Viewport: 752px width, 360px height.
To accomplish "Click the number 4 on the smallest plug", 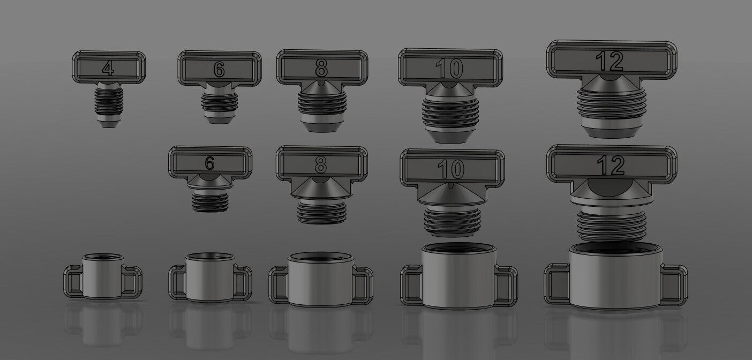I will pyautogui.click(x=109, y=69).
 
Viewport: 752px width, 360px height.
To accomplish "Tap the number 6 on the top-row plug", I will pyautogui.click(x=219, y=69).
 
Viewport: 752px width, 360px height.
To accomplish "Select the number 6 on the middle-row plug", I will pyautogui.click(x=209, y=163).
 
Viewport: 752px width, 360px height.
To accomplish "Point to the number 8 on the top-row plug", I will pyautogui.click(x=321, y=68).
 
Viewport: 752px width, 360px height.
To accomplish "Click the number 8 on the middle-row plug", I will pyautogui.click(x=320, y=165).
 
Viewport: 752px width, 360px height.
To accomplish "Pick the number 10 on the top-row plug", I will pyautogui.click(x=449, y=69).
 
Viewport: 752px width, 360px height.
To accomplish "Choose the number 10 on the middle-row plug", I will pyautogui.click(x=450, y=169).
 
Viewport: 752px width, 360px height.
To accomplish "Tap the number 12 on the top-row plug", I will pyautogui.click(x=610, y=62).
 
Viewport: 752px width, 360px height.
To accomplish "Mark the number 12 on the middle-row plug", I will pyautogui.click(x=611, y=166).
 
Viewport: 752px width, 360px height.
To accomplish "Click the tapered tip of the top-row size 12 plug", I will pyautogui.click(x=612, y=130).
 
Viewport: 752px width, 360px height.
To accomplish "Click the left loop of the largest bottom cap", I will pyautogui.click(x=556, y=284).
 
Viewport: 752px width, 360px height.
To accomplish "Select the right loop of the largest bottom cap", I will pyautogui.click(x=674, y=284).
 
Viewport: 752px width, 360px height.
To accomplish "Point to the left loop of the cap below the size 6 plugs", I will pyautogui.click(x=178, y=282).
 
